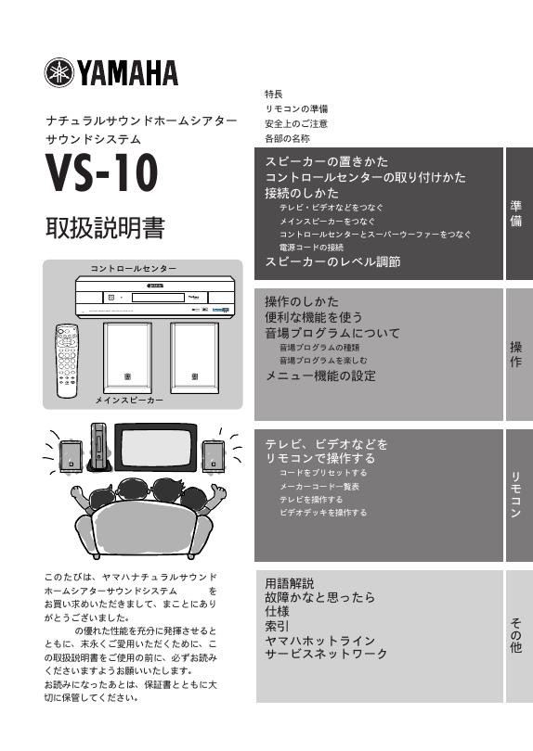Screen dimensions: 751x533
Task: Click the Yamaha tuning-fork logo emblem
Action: pos(59,71)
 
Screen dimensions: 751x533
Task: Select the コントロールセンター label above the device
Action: pos(133,268)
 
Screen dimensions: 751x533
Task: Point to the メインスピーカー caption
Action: pos(129,400)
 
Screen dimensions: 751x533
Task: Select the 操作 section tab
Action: pos(516,355)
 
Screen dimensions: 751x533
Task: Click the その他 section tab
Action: pos(516,637)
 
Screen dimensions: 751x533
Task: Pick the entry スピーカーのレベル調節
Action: pos(332,262)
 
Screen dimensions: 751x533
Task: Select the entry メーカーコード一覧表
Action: pos(319,486)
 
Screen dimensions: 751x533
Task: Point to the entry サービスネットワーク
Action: pos(326,654)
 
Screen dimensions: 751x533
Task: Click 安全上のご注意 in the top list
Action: pos(295,123)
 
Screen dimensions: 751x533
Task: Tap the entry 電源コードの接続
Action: pos(311,248)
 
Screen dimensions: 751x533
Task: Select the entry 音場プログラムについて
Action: pos(332,332)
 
